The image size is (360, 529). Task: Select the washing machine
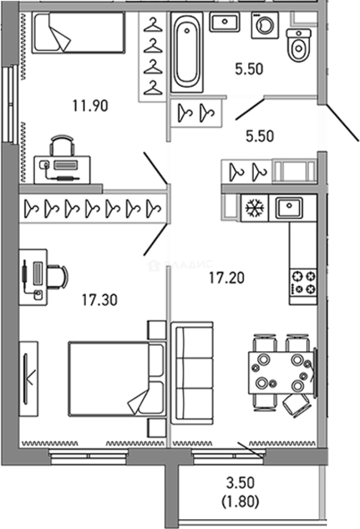point(264,25)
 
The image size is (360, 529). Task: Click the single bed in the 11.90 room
point(78,32)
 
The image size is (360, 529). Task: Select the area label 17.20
point(227,278)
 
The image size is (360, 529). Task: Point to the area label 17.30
point(100,299)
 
